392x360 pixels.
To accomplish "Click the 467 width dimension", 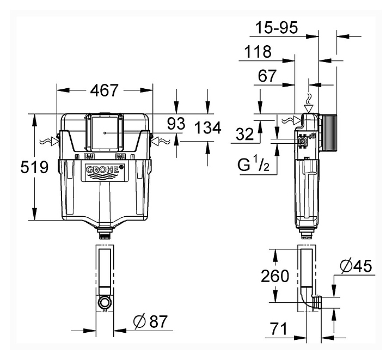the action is (x=104, y=90).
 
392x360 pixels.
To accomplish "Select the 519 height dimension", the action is (x=34, y=167).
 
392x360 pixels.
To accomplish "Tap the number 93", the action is (x=176, y=124).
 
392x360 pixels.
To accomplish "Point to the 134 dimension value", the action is (x=208, y=128).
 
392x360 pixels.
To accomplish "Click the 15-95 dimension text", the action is (x=277, y=27).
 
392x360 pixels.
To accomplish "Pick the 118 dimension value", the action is (x=258, y=52).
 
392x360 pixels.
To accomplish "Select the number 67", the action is (x=267, y=76).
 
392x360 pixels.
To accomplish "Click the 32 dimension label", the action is (x=245, y=134).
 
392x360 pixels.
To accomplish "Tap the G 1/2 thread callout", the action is (x=253, y=164).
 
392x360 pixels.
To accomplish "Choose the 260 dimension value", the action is (x=275, y=276).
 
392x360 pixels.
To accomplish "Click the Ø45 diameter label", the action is (x=356, y=266).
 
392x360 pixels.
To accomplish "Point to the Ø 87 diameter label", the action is (x=150, y=321).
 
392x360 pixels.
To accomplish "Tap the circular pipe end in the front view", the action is (x=105, y=302).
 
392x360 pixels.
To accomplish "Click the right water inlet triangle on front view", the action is (x=155, y=141).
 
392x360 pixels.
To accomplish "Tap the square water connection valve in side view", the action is (x=303, y=142).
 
